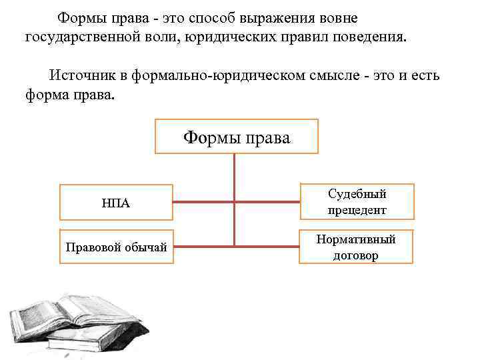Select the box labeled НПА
pos(116,203)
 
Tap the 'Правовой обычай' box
pos(116,247)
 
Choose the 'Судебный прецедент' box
pos(357,201)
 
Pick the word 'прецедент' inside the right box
pos(357,210)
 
